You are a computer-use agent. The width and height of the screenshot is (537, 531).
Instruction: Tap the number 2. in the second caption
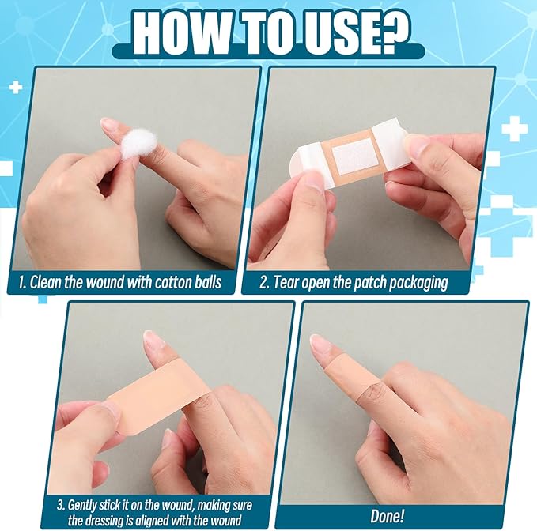(265, 282)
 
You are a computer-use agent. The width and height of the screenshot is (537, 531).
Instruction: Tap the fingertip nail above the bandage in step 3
(151, 339)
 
